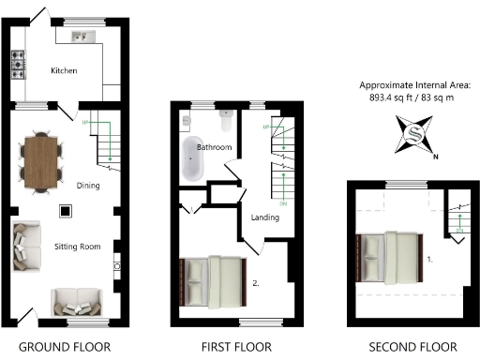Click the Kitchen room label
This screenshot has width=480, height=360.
click(x=64, y=71)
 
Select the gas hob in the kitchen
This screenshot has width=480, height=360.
click(x=18, y=65)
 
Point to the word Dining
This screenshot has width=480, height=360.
click(x=87, y=186)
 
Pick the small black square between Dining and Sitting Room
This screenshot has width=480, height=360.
click(x=65, y=211)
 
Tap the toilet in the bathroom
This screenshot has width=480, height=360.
click(x=225, y=122)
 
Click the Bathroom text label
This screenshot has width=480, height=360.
click(x=215, y=147)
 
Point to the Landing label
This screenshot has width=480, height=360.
click(x=266, y=218)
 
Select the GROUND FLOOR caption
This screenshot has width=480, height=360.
click(x=66, y=347)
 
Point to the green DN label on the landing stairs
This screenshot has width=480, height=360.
click(x=283, y=202)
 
